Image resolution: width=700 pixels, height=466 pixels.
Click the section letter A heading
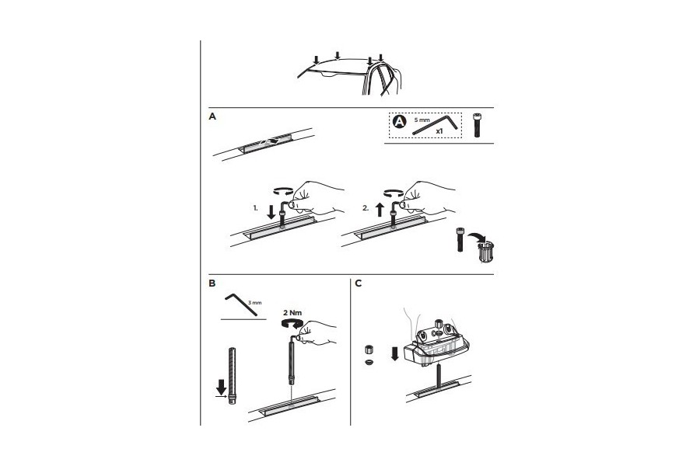point(212,116)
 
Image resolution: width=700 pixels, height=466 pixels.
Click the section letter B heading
point(212,283)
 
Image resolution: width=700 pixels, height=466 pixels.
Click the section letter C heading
point(358,283)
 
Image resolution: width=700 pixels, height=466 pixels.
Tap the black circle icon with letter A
point(399,122)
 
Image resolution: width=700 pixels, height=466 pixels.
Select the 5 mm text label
point(421,120)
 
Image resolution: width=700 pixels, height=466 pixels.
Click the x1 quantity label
point(439,131)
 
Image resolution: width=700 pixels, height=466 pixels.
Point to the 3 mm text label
point(254,303)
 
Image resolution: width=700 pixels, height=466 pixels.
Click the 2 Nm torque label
point(292,313)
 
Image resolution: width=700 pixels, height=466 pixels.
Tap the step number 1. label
point(255,208)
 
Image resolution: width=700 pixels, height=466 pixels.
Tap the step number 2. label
point(366,208)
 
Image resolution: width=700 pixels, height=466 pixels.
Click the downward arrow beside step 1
point(271,211)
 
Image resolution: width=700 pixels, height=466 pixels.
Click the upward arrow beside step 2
point(380,209)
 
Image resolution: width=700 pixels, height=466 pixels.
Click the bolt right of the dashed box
point(476,125)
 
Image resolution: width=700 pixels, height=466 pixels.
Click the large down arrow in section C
point(394,354)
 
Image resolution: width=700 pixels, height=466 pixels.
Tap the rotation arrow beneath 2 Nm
point(291,324)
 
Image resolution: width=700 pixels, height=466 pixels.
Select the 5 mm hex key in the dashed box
point(435,125)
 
